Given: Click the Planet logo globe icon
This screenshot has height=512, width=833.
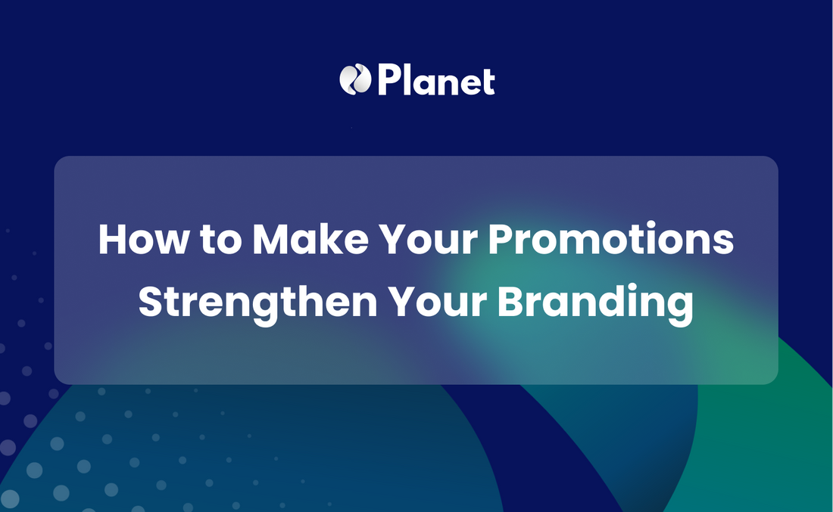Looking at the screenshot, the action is pyautogui.click(x=355, y=79).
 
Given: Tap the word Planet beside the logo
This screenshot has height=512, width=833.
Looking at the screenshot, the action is pyautogui.click(x=436, y=80).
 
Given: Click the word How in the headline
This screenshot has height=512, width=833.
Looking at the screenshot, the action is pyautogui.click(x=144, y=240).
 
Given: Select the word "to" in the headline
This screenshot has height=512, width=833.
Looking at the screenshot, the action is pyautogui.click(x=220, y=241).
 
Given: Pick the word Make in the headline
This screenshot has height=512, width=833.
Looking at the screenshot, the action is pyautogui.click(x=310, y=239).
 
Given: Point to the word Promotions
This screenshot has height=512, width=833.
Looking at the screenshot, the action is pyautogui.click(x=611, y=239).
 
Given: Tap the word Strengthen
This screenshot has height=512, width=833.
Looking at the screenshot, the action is pyautogui.click(x=257, y=303).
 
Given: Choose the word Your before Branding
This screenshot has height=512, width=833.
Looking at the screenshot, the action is pyautogui.click(x=437, y=302).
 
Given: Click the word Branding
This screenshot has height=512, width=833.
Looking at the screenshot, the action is pyautogui.click(x=595, y=303).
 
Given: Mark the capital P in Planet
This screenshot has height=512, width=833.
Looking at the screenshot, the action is pyautogui.click(x=389, y=79).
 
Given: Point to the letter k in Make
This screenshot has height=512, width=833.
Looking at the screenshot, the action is pyautogui.click(x=329, y=239).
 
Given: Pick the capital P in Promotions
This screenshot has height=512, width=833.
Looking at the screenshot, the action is pyautogui.click(x=500, y=239).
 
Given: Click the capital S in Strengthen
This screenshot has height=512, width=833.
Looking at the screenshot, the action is pyautogui.click(x=150, y=302).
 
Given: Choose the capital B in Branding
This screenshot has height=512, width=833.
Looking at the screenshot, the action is pyautogui.click(x=510, y=302).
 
